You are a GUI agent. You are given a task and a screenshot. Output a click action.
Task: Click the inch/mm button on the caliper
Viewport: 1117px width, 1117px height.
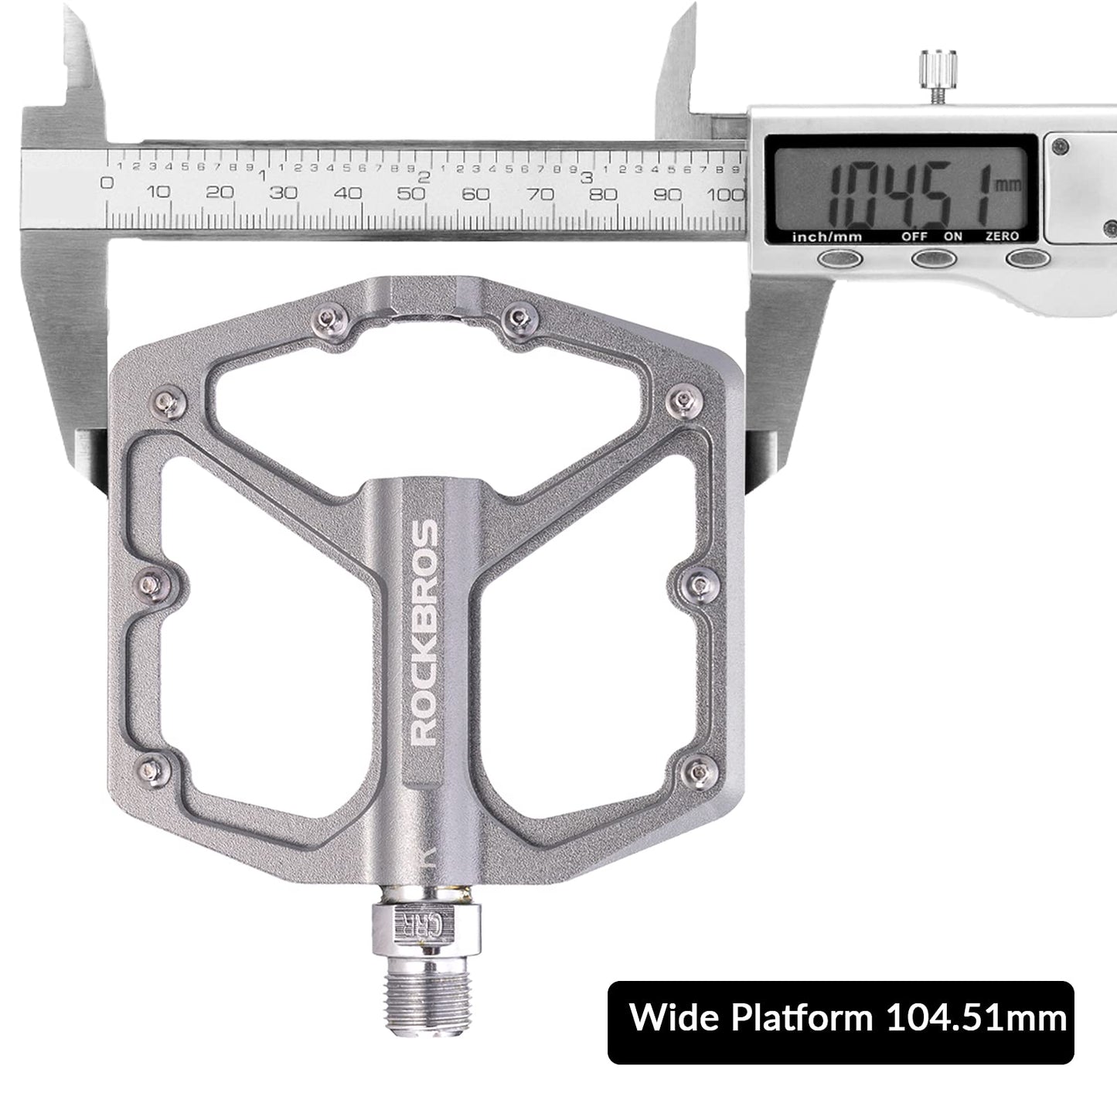pyautogui.click(x=842, y=258)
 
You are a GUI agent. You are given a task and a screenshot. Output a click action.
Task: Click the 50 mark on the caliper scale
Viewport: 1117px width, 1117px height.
pyautogui.click(x=412, y=192)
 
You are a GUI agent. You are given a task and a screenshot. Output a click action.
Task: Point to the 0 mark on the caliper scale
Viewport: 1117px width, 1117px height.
pyautogui.click(x=107, y=183)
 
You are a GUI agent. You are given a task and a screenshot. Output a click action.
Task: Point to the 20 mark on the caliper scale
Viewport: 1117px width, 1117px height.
pyautogui.click(x=220, y=192)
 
